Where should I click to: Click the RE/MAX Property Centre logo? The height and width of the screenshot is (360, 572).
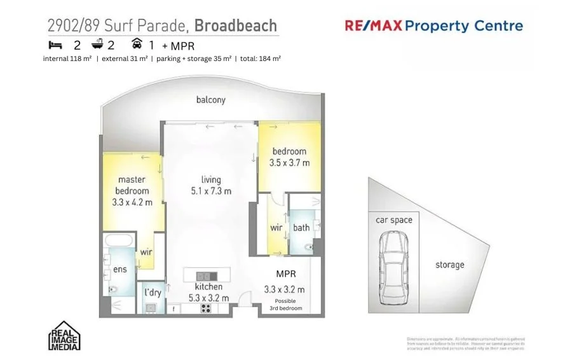point(433,26)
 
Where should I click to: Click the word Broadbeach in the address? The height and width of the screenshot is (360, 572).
point(235,26)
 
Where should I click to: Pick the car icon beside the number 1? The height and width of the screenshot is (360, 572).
point(137,45)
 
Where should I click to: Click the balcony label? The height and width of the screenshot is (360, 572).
point(210,100)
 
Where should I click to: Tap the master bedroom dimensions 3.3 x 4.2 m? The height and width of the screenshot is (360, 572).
point(132,202)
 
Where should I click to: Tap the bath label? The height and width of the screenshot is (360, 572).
point(301,228)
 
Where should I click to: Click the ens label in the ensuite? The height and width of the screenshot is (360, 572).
point(119,269)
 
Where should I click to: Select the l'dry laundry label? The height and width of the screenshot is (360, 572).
point(153,293)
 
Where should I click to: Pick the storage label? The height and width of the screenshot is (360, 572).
point(449,265)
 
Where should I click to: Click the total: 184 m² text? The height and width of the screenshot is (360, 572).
point(260,59)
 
